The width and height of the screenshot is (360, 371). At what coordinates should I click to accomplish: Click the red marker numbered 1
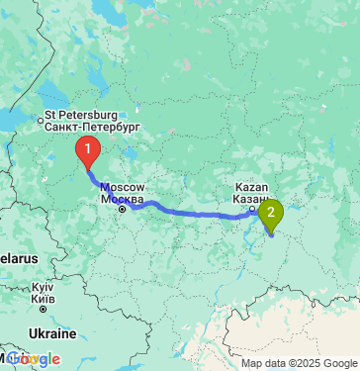pyautogui.click(x=88, y=151)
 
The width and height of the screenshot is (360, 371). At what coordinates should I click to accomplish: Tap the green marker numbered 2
pyautogui.click(x=271, y=212)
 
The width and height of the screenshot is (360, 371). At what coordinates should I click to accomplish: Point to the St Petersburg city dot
pyautogui.click(x=41, y=122)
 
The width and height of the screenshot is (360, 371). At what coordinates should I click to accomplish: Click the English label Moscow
pyautogui.click(x=124, y=186)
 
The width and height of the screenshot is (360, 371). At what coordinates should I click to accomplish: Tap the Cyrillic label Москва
pyautogui.click(x=124, y=197)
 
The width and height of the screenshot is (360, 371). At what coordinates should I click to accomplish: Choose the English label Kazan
pyautogui.click(x=249, y=186)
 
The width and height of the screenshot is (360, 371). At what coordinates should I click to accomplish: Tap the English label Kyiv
pyautogui.click(x=42, y=286)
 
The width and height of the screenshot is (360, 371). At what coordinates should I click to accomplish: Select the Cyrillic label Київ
pyautogui.click(x=42, y=297)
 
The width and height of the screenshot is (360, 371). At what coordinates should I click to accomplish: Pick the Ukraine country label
pyautogui.click(x=51, y=333)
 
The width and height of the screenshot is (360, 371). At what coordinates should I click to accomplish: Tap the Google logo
pyautogui.click(x=34, y=359)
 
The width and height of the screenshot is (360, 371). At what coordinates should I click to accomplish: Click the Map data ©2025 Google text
pyautogui.click(x=299, y=363)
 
